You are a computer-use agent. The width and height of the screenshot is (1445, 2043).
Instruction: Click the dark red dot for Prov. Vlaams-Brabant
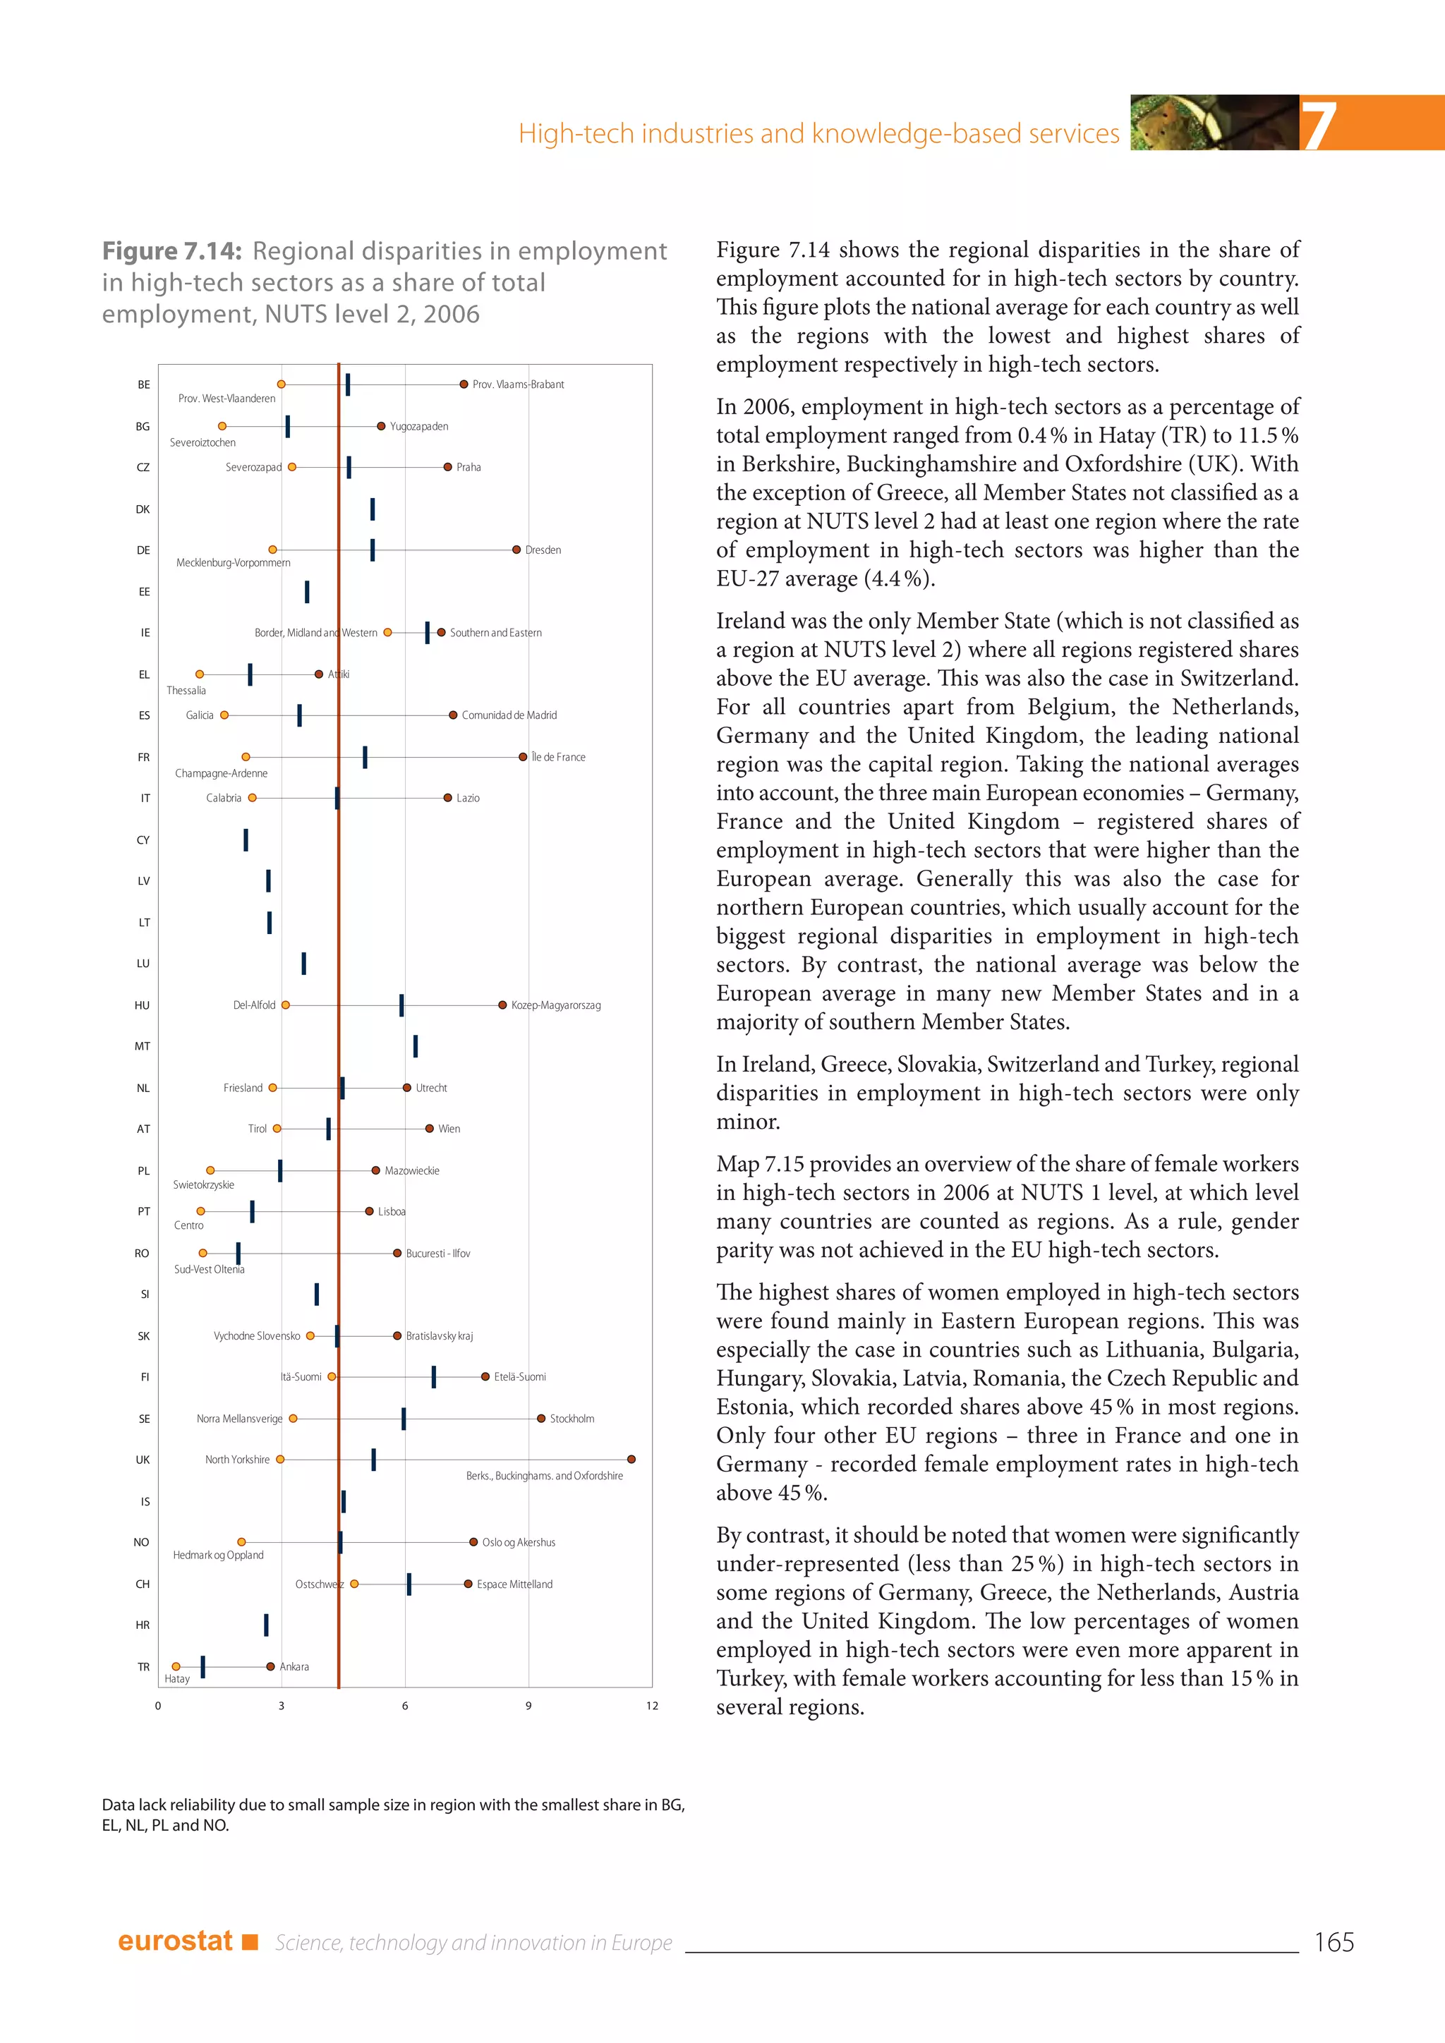pyautogui.click(x=464, y=384)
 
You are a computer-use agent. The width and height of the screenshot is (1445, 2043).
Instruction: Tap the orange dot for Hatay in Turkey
pyautogui.click(x=176, y=1666)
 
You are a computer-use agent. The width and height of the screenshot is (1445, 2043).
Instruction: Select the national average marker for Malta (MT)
pyautogui.click(x=416, y=1046)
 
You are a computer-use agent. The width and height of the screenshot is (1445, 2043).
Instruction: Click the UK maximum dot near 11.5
pyautogui.click(x=631, y=1460)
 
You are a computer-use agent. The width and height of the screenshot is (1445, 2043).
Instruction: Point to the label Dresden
pyautogui.click(x=543, y=550)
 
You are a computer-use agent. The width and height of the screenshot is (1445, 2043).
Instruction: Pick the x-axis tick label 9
pyautogui.click(x=528, y=1706)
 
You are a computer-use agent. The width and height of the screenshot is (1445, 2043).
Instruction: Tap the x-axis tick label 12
pyautogui.click(x=652, y=1706)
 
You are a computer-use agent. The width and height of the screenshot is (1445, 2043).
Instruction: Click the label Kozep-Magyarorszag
pyautogui.click(x=555, y=1005)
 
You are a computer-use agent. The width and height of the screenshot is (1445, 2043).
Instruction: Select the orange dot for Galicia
pyautogui.click(x=224, y=715)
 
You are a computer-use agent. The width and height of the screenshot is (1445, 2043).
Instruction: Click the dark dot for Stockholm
pyautogui.click(x=541, y=1419)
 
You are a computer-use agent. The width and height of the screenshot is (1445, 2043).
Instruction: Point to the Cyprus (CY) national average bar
pyautogui.click(x=246, y=840)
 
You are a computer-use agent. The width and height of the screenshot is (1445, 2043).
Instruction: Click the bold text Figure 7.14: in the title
pyautogui.click(x=171, y=252)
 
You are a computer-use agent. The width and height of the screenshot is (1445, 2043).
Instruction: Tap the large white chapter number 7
pyautogui.click(x=1319, y=125)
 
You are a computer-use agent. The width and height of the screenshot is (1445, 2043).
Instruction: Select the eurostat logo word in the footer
pyautogui.click(x=175, y=1941)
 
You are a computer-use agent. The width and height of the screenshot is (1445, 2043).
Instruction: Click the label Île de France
pyautogui.click(x=558, y=757)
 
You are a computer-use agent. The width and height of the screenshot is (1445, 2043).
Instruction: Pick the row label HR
pyautogui.click(x=143, y=1625)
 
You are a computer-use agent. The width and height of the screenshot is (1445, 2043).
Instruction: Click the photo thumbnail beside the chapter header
pyautogui.click(x=1214, y=123)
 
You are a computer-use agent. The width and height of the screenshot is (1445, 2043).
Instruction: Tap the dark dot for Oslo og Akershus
pyautogui.click(x=473, y=1542)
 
